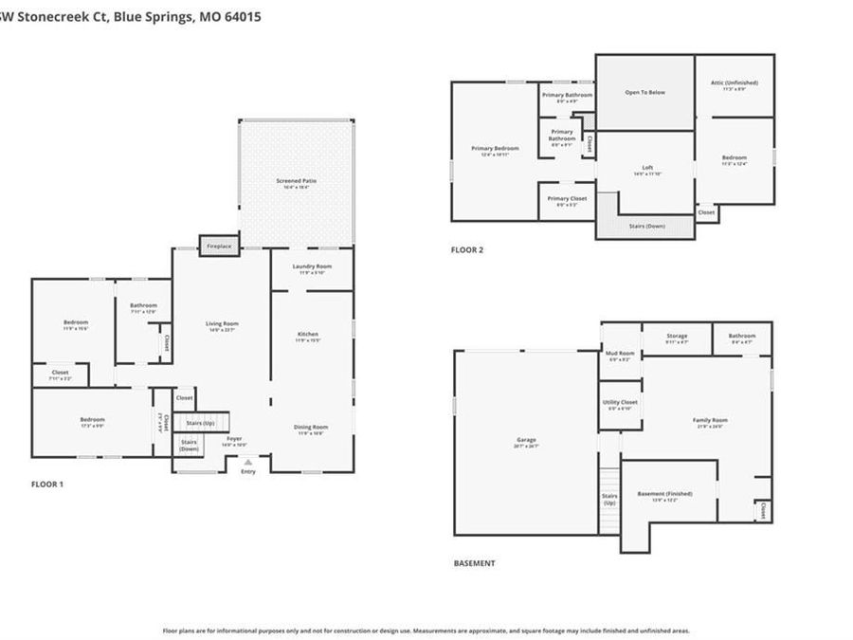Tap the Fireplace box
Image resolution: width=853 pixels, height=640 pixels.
coord(218,246)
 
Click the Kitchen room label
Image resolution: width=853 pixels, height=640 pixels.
coord(308,335)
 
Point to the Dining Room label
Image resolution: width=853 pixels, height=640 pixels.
coord(311,427)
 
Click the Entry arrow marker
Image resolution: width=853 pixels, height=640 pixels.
coord(248,462)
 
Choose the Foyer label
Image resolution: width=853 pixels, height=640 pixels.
coord(233,439)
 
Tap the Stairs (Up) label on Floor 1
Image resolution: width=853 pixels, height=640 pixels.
coord(200,423)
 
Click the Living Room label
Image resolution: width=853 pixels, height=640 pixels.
coord(222,324)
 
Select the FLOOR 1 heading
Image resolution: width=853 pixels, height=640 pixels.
coord(47,485)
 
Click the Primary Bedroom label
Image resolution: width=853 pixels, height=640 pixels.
coord(496,149)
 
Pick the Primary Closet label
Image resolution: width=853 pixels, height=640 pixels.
coord(566,199)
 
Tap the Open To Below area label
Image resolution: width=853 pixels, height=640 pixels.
coord(644,92)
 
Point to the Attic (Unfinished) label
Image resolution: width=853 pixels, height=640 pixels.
coord(735,82)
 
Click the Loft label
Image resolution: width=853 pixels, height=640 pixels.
coord(646,168)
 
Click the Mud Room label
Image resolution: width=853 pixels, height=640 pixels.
coord(620,354)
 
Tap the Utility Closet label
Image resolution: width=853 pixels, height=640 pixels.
coord(620,402)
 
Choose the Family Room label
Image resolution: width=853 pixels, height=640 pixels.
coord(710,420)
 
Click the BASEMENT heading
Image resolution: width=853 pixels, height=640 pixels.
coord(474,563)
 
